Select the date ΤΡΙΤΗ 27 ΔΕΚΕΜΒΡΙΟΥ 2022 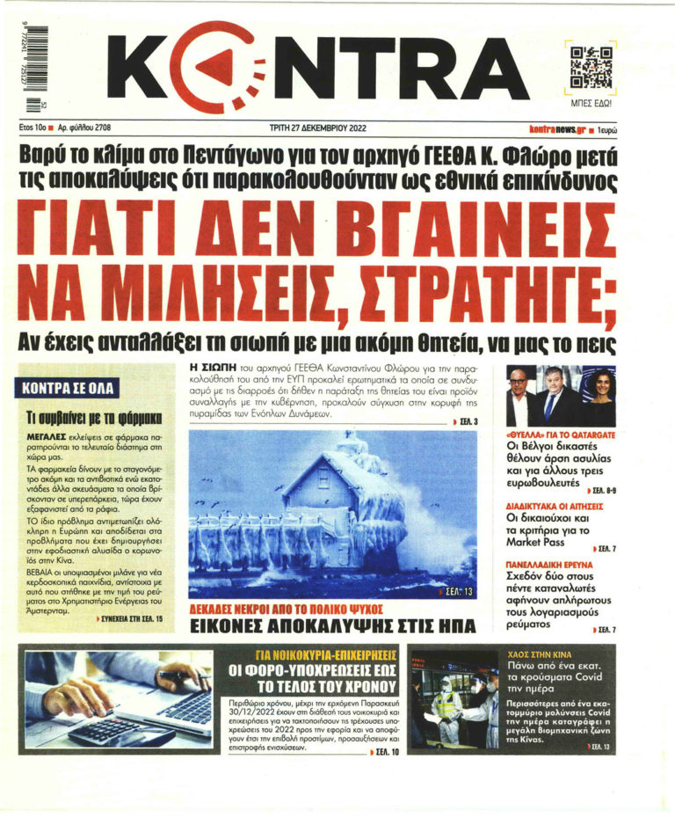(x=317, y=128)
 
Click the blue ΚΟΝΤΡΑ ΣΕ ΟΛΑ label (x=68, y=387)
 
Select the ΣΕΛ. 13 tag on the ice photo (x=457, y=592)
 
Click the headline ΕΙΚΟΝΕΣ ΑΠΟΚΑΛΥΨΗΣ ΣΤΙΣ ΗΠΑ (x=332, y=625)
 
